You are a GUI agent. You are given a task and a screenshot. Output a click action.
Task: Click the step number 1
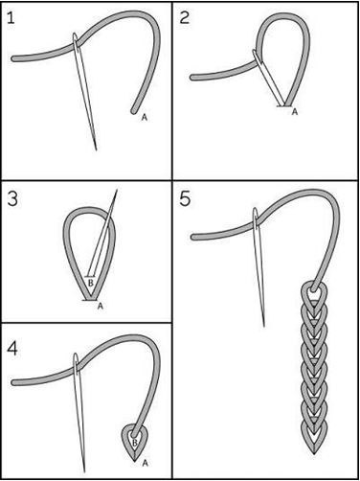tap(11, 18)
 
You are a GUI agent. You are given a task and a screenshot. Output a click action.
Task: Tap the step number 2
tap(185, 17)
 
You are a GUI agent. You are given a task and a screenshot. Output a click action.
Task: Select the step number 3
tap(12, 199)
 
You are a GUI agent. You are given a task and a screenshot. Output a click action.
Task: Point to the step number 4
tap(12, 349)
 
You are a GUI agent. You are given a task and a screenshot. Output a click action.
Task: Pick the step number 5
tap(185, 199)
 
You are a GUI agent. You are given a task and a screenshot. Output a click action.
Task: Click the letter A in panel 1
tap(145, 118)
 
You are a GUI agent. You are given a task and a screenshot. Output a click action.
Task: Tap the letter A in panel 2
tap(295, 111)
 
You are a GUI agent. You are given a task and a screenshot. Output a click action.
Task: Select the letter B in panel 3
tap(91, 283)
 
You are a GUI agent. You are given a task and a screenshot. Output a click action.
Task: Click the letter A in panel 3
tap(101, 306)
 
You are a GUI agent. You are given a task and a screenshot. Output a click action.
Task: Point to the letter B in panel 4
tap(135, 443)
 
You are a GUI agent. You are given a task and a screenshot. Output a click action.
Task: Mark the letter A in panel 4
tap(145, 463)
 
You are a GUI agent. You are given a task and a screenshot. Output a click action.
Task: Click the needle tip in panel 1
tap(96, 149)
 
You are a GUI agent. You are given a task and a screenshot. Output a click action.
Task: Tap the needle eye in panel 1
tap(76, 41)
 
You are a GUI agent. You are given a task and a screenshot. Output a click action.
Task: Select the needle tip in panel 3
tap(117, 190)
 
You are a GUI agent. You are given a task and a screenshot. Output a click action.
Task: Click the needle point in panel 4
tap(84, 471)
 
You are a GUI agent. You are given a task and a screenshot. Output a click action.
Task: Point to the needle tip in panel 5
tap(264, 326)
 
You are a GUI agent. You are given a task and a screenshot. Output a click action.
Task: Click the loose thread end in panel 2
tap(192, 78)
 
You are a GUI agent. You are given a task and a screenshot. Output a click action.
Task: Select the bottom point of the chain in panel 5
tap(314, 454)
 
